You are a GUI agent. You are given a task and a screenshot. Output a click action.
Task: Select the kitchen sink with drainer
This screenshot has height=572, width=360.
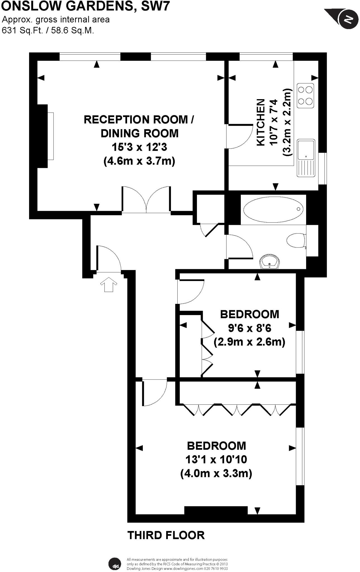pos(306,158)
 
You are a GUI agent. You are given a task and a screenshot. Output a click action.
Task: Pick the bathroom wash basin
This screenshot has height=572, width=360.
pos(270,261)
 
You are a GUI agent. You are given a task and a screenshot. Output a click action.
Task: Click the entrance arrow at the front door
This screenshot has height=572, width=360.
pos(109,284)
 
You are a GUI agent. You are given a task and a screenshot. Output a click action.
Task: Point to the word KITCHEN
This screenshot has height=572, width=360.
pos(261,122)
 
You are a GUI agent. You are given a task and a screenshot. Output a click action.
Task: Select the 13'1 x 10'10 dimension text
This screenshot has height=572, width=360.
pos(216,459)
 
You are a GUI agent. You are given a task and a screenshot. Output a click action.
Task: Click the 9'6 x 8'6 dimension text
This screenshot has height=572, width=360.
pos(249,328)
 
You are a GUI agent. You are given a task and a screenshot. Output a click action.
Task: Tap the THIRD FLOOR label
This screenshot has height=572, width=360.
pos(166,535)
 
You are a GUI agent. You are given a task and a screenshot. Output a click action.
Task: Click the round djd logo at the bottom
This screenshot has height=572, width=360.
pos(115,564)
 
